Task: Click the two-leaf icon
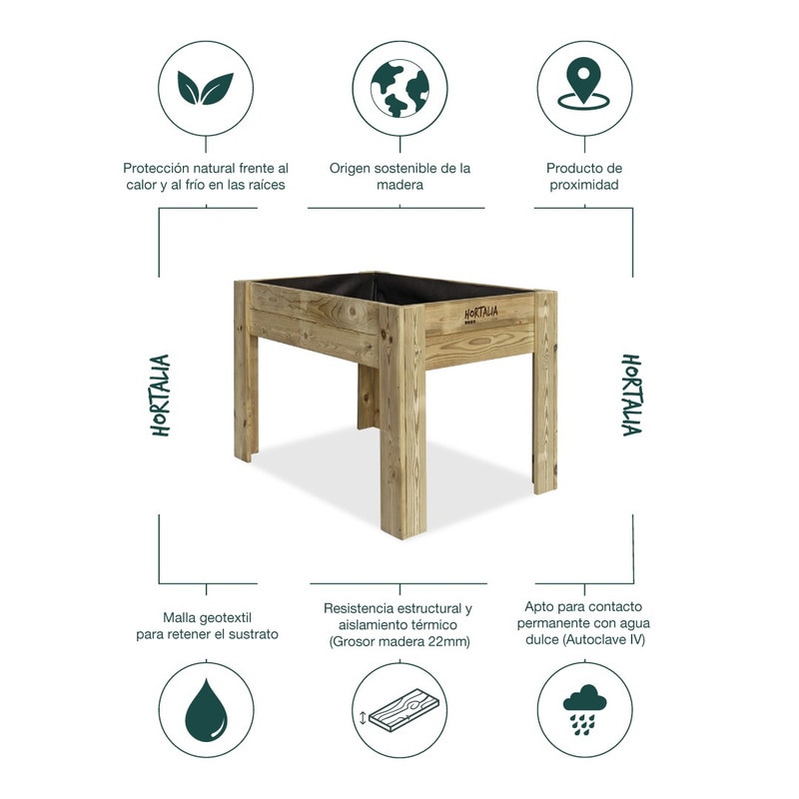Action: point(206,89)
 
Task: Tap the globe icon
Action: point(400,89)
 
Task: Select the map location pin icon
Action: point(584,84)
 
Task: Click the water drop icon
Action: point(206,710)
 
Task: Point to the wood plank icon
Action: point(400,710)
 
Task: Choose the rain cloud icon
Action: point(584,709)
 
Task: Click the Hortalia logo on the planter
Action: point(480,315)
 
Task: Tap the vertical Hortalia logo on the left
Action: point(160,396)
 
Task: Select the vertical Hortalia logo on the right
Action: point(631,396)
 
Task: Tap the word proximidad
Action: point(584,185)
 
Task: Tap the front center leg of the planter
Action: point(402,420)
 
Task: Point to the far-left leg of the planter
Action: point(246,372)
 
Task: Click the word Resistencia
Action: point(360,608)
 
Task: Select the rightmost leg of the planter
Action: point(544,392)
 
